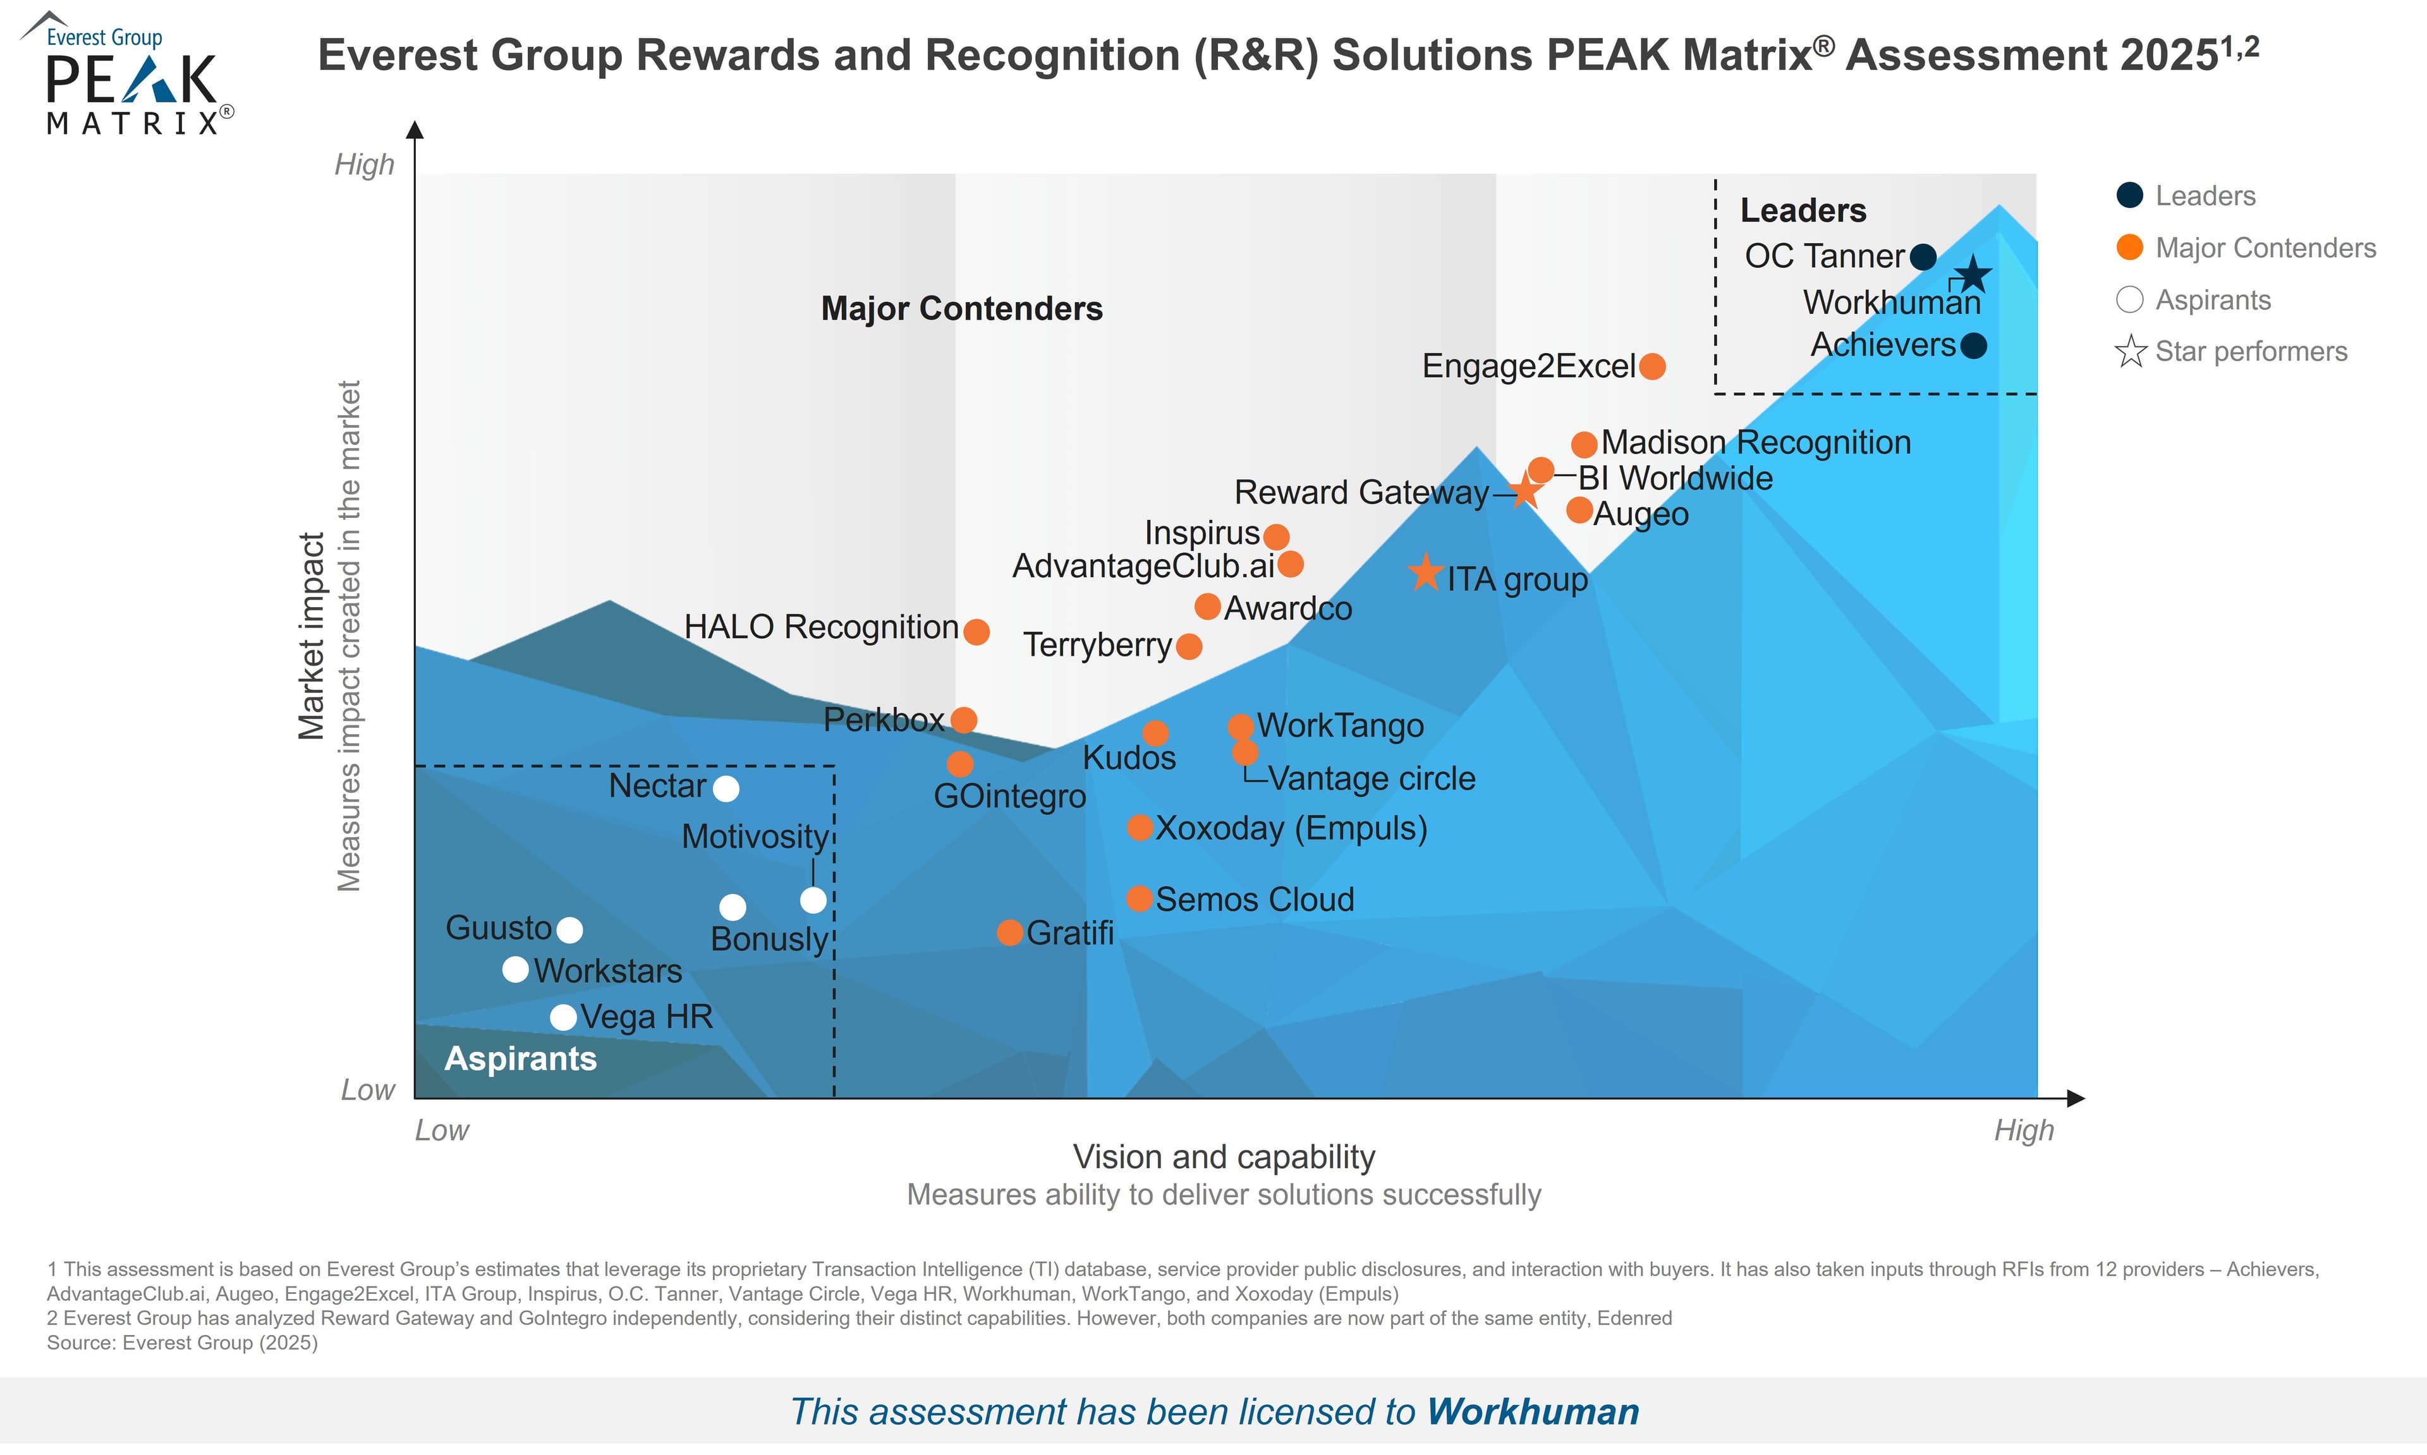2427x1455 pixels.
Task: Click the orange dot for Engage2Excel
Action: pyautogui.click(x=1652, y=366)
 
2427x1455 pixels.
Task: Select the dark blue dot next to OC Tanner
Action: pyautogui.click(x=1924, y=257)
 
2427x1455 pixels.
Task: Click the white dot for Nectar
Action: pyautogui.click(x=726, y=788)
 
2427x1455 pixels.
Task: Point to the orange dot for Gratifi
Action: pyautogui.click(x=1010, y=933)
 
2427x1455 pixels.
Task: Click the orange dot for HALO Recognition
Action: pyautogui.click(x=976, y=631)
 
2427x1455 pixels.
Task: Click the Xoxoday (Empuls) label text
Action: pyautogui.click(x=1291, y=828)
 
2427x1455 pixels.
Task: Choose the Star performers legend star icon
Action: pyautogui.click(x=2130, y=351)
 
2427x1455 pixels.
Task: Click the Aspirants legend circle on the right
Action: pyautogui.click(x=2130, y=299)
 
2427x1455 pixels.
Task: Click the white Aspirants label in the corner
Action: pyautogui.click(x=521, y=1059)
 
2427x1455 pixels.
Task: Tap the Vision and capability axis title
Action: pyautogui.click(x=1224, y=1157)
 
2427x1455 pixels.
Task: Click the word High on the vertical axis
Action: pyautogui.click(x=364, y=165)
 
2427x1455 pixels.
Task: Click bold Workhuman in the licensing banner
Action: pyautogui.click(x=1533, y=1412)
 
